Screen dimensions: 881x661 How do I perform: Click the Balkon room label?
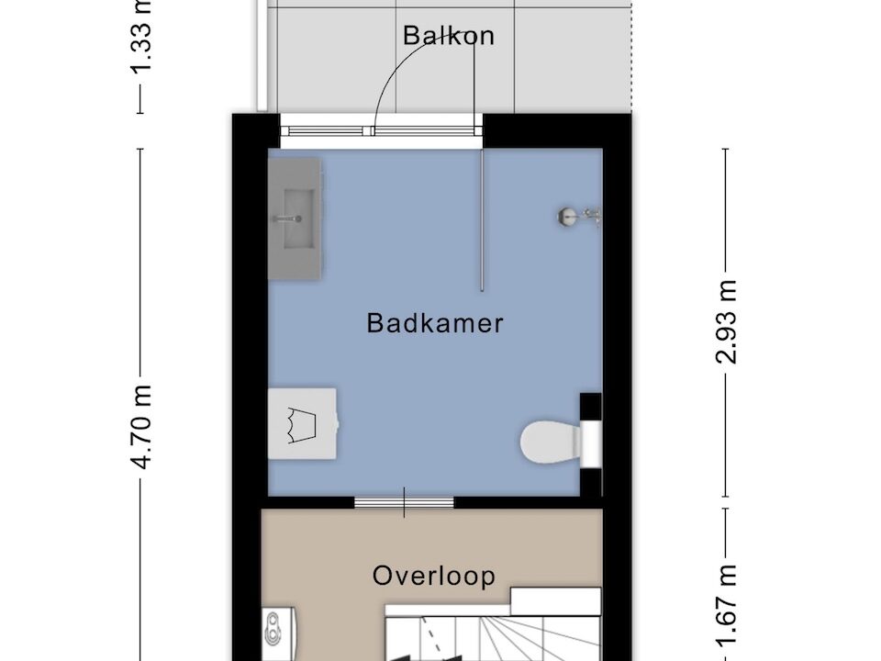(449, 36)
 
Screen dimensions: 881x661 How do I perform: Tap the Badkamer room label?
(435, 323)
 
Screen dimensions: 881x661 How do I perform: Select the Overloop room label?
(434, 576)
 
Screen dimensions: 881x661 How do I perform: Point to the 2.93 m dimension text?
(725, 321)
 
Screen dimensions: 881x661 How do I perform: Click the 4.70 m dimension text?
(140, 427)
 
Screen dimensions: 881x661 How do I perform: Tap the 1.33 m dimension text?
(140, 37)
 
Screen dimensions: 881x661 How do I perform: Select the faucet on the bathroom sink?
(287, 218)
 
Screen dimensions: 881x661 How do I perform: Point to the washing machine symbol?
(303, 423)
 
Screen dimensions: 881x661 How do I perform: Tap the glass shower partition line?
(482, 219)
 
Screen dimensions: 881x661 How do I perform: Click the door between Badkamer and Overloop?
(404, 502)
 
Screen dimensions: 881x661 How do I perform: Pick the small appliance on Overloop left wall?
(279, 633)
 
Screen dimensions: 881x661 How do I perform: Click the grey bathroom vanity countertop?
(295, 218)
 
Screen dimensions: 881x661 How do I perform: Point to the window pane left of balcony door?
(325, 131)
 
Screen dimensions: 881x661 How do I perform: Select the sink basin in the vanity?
(299, 218)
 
